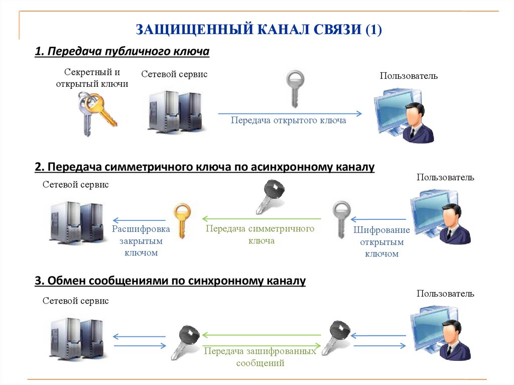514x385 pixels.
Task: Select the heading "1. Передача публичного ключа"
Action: pos(121,52)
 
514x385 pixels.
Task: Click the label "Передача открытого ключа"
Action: pos(288,120)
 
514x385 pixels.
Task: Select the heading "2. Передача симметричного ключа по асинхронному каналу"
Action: pos(204,167)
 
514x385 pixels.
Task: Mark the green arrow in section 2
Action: pos(262,219)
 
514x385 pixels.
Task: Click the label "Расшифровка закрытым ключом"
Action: pos(141,241)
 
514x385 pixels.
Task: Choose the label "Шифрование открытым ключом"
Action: pos(381,242)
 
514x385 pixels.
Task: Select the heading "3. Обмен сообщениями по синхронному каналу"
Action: pos(170,281)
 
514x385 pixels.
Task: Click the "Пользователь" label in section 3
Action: pos(445,293)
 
